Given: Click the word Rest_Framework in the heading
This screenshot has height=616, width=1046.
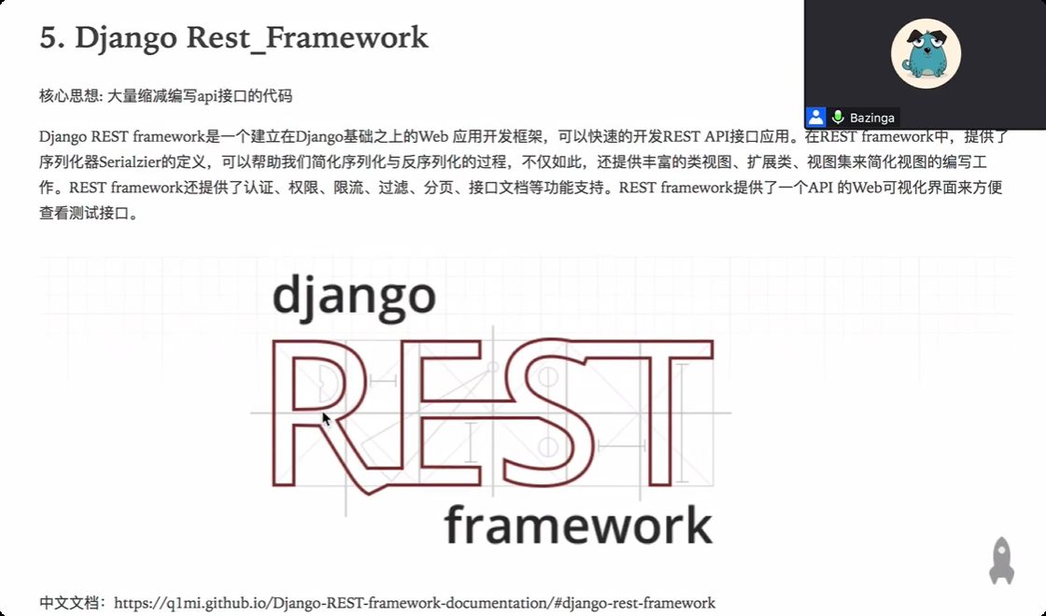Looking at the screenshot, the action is point(307,38).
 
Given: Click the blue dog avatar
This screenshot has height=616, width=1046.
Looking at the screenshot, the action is point(926,53).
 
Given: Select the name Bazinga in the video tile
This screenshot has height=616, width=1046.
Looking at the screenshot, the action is point(872,118).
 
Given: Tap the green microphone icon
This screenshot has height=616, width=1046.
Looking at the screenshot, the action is point(838,118).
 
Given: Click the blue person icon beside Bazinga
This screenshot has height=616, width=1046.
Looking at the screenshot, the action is point(816,118).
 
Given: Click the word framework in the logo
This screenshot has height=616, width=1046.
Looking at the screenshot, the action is point(578,525).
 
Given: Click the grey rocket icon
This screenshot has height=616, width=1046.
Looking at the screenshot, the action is point(1001,561).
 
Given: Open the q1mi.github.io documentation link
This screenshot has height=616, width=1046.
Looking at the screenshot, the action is point(415,603).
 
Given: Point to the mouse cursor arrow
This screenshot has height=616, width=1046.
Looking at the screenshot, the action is point(326,419).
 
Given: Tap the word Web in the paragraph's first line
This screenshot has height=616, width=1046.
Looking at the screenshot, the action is point(433,136).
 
